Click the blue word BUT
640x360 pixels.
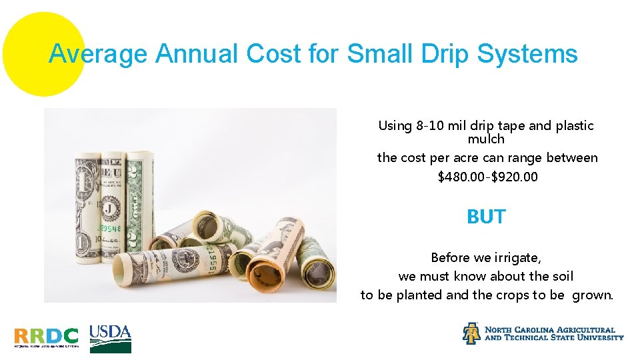coord(486,217)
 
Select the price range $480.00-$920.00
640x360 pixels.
coord(487,177)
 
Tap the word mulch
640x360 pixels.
coord(486,139)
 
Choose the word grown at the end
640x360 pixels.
coord(591,295)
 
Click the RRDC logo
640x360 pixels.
coord(46,337)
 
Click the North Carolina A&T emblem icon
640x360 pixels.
coord(471,333)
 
